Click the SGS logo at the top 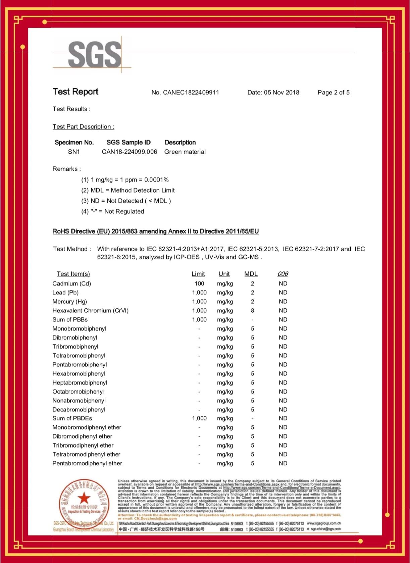(x=94, y=54)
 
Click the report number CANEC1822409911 (x=191, y=93)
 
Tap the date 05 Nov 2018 (x=281, y=93)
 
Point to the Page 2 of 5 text (x=334, y=93)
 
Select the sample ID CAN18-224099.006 (x=129, y=152)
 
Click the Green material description (x=185, y=152)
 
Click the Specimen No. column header (x=74, y=143)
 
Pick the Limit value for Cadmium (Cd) (x=199, y=284)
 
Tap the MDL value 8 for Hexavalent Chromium (x=253, y=311)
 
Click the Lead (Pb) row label (x=65, y=293)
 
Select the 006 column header (x=283, y=274)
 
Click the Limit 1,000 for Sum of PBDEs (x=199, y=418)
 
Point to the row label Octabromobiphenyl (x=78, y=392)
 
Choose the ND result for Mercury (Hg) (x=283, y=302)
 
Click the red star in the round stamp (x=84, y=498)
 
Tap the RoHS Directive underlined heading (x=155, y=232)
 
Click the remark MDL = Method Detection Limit (x=128, y=191)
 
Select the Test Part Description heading (x=83, y=127)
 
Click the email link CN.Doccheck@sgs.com (x=155, y=518)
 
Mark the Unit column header (x=224, y=274)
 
